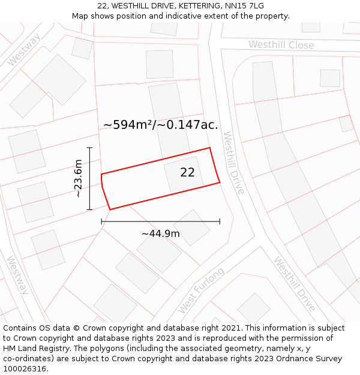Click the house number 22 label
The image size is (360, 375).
pos(187,172)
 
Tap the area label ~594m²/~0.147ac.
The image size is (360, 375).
pos(160,125)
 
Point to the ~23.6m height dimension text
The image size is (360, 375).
pos(78,178)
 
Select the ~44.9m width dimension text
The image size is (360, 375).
pos(160,233)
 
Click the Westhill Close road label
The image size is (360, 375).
pos(281,45)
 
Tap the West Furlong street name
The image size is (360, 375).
pos(201,290)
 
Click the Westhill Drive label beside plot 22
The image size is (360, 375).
pos(233,163)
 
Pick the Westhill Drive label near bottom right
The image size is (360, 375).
pos(294,284)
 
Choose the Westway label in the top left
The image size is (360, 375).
pos(24,49)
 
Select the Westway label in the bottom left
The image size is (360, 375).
pos(17,275)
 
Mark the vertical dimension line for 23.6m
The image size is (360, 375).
pos(89,178)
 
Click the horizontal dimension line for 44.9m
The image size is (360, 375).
pos(160,221)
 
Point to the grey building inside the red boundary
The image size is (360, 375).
pos(184,175)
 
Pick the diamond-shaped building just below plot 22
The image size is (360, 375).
pos(191,227)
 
